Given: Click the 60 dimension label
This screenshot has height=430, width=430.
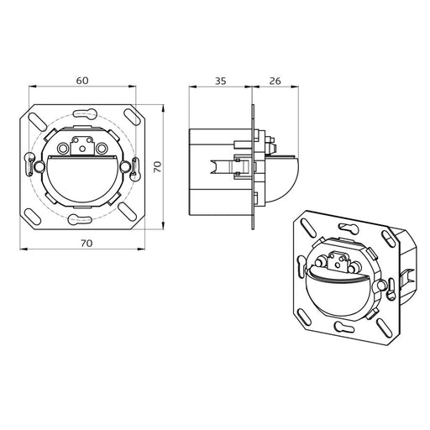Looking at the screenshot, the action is coord(82,81).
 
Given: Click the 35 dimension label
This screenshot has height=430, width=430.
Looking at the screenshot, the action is coord(220,81).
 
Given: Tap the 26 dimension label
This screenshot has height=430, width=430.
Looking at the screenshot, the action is coord(275,81).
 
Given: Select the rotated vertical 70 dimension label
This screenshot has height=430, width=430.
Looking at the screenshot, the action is coord(158,166).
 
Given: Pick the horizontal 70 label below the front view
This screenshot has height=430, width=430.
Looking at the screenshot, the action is coord(87,244).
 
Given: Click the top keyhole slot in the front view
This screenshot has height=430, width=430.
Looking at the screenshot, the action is coord(85,113).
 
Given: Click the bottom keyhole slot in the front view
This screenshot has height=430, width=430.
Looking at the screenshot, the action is coord(80,219).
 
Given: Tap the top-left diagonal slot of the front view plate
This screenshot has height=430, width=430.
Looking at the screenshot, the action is coord(37,121).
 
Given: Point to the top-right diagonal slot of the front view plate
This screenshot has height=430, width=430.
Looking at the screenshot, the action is coord(132,118).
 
